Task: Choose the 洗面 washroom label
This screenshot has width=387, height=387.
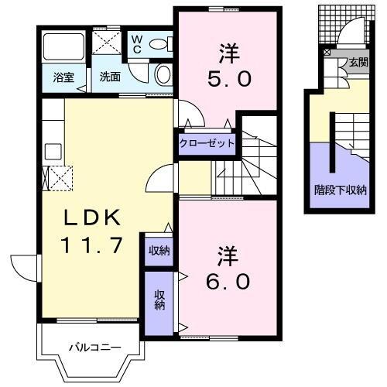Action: (108, 77)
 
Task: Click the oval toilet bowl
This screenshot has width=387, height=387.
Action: (163, 75)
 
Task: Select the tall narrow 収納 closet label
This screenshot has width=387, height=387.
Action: (159, 300)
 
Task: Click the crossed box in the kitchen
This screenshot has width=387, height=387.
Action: (60, 177)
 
